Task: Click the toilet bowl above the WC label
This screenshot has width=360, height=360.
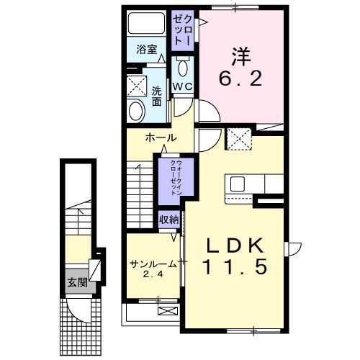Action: [x=181, y=69]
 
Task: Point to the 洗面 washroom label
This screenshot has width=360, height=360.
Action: [x=157, y=96]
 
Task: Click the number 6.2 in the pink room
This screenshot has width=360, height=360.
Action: [x=237, y=78]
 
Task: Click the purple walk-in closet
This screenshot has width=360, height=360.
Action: [x=171, y=179]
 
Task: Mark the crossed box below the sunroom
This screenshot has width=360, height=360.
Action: [x=167, y=311]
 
